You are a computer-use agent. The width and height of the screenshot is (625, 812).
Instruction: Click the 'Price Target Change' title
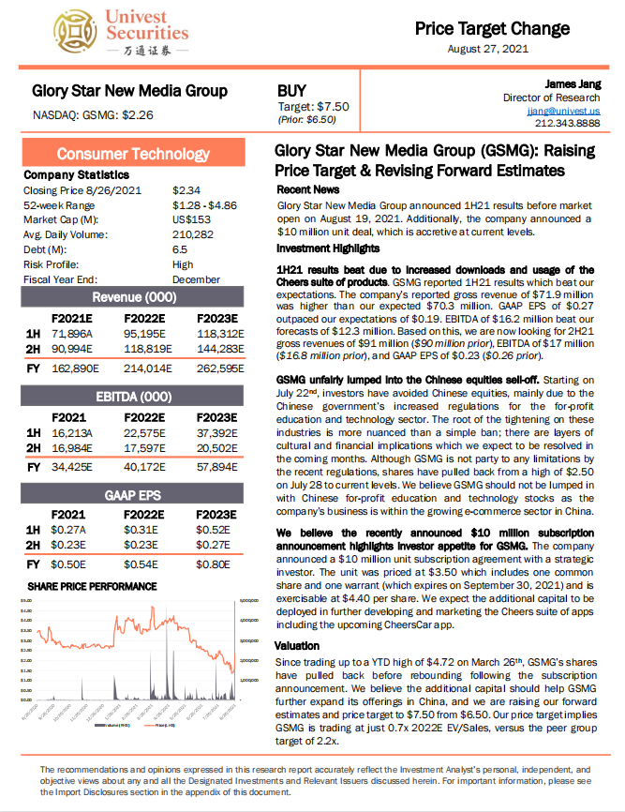pyautogui.click(x=492, y=29)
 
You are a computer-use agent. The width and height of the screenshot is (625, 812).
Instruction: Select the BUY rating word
pyautogui.click(x=292, y=91)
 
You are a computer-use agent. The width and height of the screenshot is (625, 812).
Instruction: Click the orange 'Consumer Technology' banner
pyautogui.click(x=133, y=154)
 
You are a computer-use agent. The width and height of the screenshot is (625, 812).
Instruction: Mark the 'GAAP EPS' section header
pyautogui.click(x=133, y=495)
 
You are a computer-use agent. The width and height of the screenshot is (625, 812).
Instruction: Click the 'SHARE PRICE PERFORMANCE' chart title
pyautogui.click(x=92, y=586)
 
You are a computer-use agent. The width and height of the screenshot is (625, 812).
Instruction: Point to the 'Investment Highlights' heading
pyautogui.click(x=328, y=248)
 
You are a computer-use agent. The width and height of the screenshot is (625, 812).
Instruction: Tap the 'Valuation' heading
pyautogui.click(x=298, y=646)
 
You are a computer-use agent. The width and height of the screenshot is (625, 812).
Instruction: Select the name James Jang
pyautogui.click(x=573, y=84)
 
